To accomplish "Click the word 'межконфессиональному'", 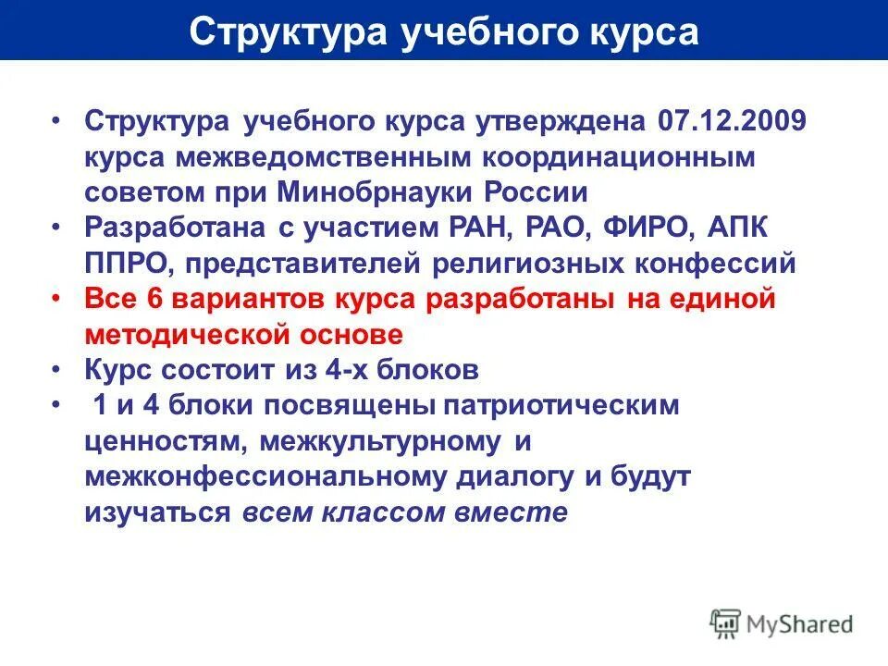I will pos(275,477).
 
